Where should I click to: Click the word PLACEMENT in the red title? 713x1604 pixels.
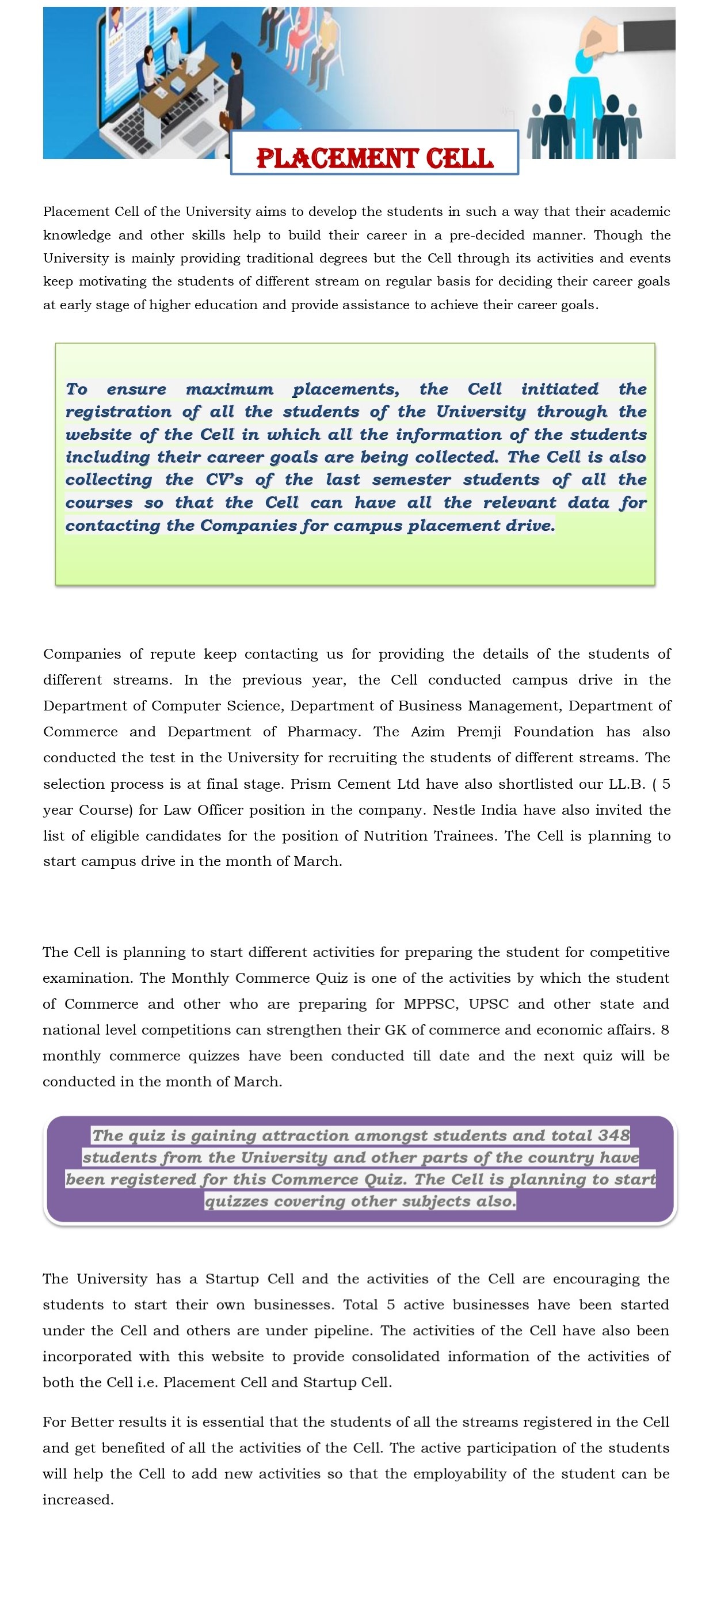click(x=338, y=159)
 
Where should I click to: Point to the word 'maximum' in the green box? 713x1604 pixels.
click(x=230, y=389)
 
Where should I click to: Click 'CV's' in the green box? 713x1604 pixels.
click(x=224, y=480)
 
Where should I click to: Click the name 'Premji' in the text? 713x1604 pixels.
click(x=479, y=732)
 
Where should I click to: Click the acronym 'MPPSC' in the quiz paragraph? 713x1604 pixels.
click(x=430, y=1004)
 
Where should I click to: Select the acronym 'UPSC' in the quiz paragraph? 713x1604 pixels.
click(x=489, y=1004)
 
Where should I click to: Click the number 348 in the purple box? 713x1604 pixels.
click(x=614, y=1136)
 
